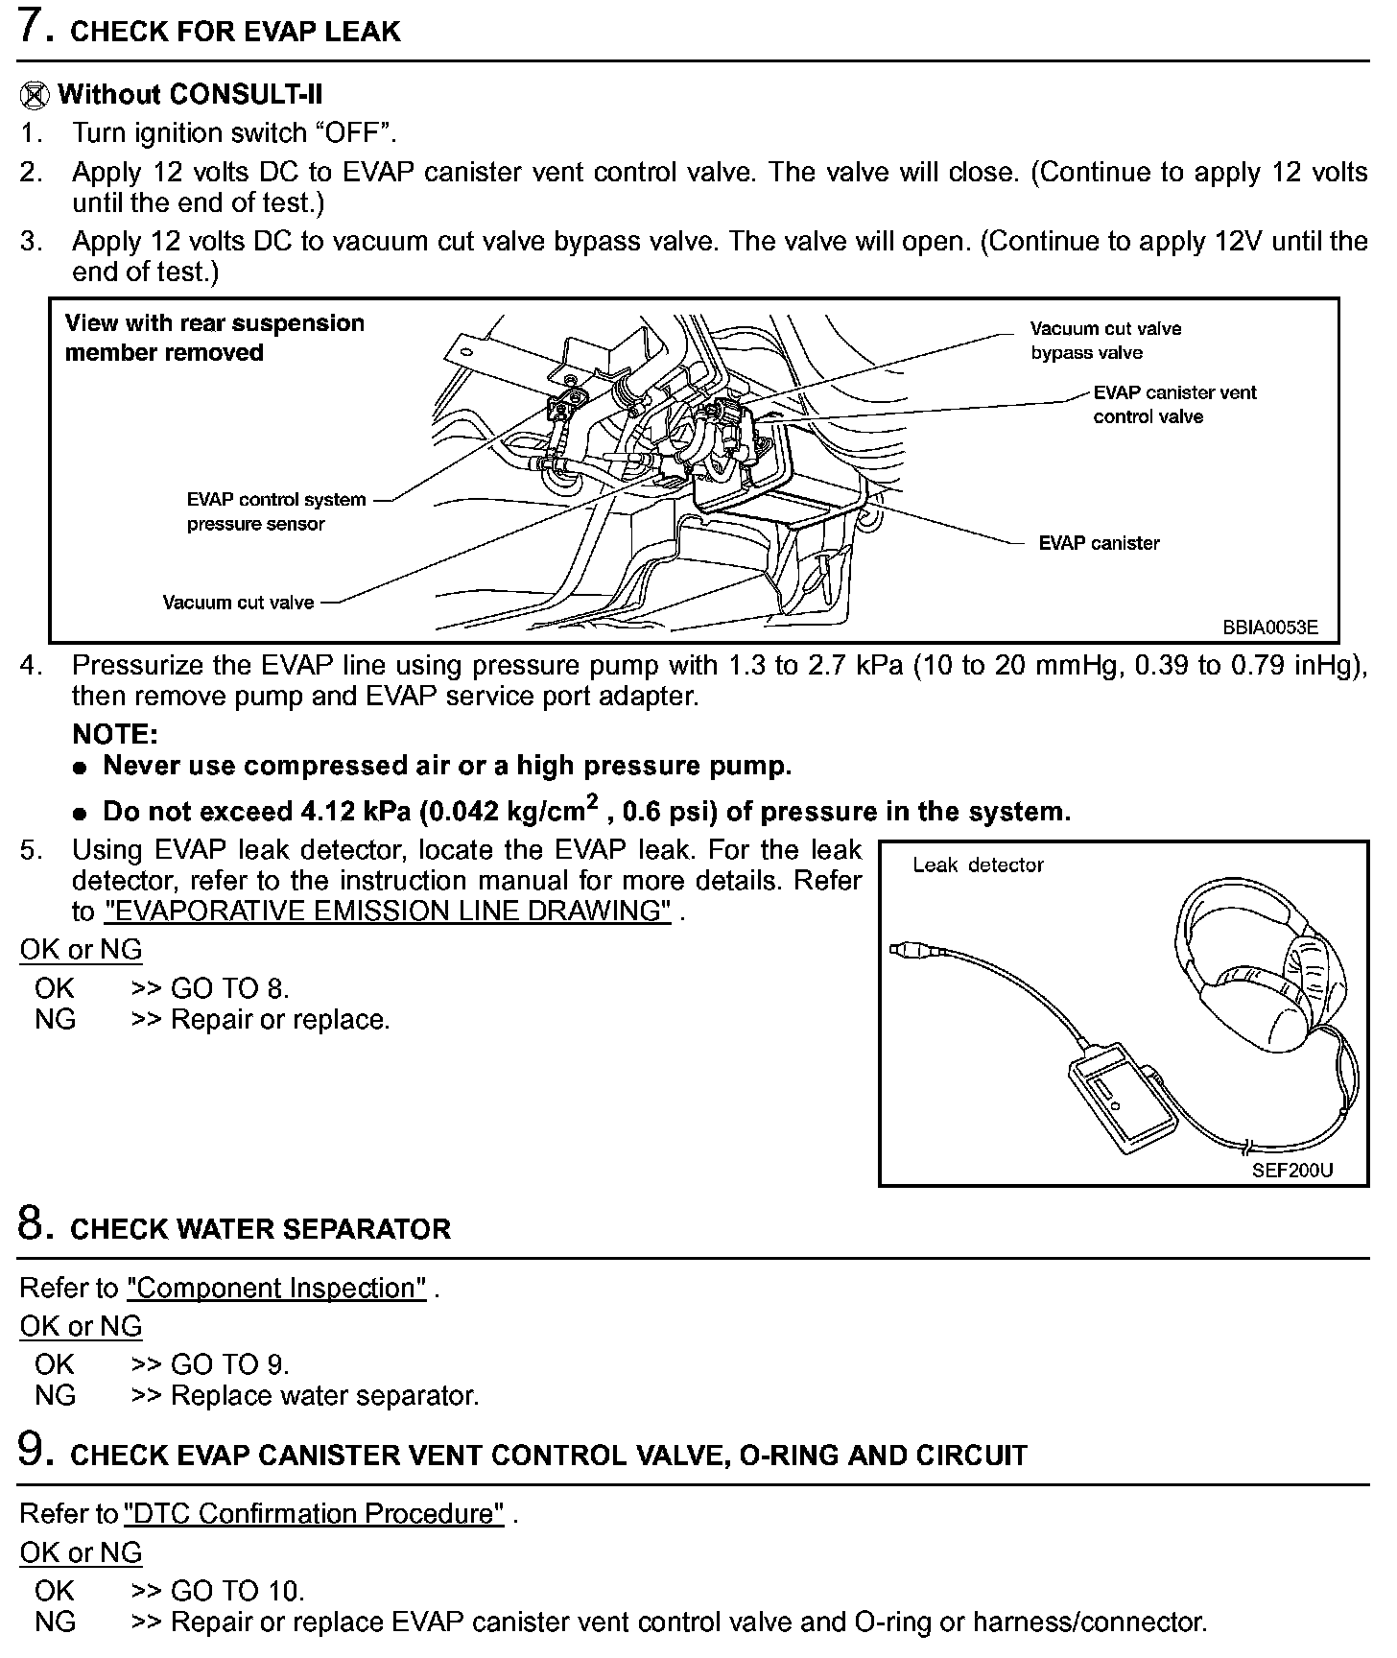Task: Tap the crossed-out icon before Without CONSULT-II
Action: coord(35,95)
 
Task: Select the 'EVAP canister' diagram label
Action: coord(1099,543)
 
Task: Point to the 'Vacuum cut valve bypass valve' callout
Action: coord(1105,341)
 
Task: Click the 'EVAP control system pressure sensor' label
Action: coord(275,511)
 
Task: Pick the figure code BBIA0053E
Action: coord(1269,628)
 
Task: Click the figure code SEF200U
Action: coord(1291,1171)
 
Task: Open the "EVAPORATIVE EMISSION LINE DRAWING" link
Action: coord(387,911)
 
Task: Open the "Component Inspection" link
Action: coord(276,1288)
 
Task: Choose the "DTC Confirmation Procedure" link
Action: coord(315,1513)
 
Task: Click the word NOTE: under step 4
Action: coord(115,735)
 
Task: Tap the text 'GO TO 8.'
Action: coord(229,988)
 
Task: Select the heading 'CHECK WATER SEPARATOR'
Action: coord(260,1229)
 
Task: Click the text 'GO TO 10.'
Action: coord(237,1591)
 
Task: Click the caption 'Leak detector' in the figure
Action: coord(978,865)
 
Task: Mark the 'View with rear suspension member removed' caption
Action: coord(214,338)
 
